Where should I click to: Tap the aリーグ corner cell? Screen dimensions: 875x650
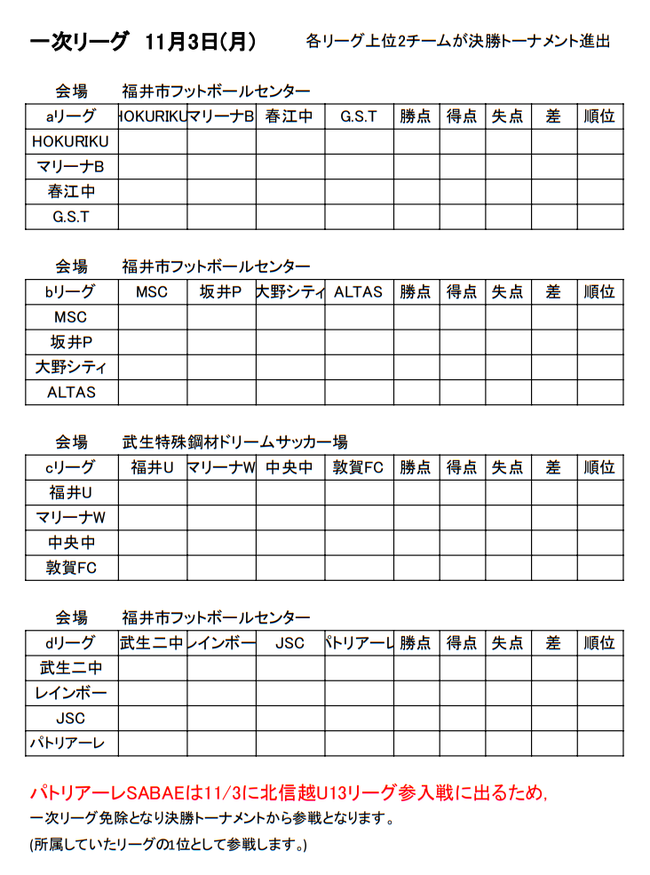71,116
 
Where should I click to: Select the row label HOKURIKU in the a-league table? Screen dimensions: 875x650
71,141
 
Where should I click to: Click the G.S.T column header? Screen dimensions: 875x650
359,116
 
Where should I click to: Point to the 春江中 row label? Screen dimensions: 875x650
71,191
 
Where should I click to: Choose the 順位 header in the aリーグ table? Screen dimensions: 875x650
599,116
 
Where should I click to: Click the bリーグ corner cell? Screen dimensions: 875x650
71,292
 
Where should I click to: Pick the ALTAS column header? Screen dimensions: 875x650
359,292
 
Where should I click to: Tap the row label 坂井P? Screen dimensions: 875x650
71,342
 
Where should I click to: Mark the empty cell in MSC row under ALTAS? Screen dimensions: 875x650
359,317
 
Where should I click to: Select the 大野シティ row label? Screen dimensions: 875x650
71,367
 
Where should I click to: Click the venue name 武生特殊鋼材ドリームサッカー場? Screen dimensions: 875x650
235,441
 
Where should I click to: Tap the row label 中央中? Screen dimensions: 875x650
71,543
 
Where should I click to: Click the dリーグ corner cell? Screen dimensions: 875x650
71,643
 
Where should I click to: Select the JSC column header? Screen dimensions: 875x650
290,643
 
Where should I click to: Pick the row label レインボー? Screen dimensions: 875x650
71,693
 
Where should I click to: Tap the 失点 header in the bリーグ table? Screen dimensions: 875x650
508,292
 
